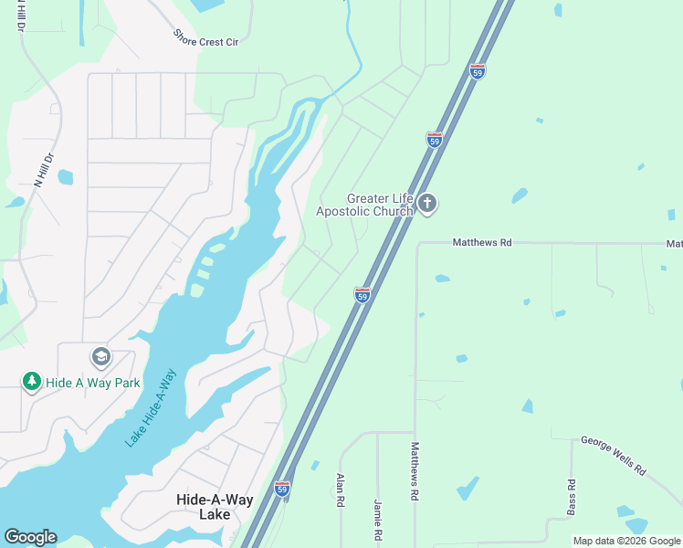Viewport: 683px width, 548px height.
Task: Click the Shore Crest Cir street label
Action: [x=205, y=38]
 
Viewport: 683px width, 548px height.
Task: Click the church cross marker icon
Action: [x=427, y=204]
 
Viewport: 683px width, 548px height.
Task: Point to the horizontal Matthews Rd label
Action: [x=482, y=243]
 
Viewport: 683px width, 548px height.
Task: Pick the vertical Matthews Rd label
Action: [x=415, y=470]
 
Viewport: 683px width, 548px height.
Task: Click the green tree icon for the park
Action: [x=32, y=381]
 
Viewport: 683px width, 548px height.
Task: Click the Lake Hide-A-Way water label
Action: [x=151, y=407]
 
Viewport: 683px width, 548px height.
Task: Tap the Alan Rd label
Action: [x=340, y=490]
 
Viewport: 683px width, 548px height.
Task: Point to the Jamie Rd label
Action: [x=377, y=518]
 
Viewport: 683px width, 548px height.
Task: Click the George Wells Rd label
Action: [x=613, y=456]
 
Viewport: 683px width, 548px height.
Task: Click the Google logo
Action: [x=30, y=537]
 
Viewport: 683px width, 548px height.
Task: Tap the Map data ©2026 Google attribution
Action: [x=625, y=541]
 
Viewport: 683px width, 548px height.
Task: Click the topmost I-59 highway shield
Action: [x=477, y=71]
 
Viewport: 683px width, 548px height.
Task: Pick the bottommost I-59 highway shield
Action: [x=282, y=490]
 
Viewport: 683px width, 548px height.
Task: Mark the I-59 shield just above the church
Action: [x=435, y=140]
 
